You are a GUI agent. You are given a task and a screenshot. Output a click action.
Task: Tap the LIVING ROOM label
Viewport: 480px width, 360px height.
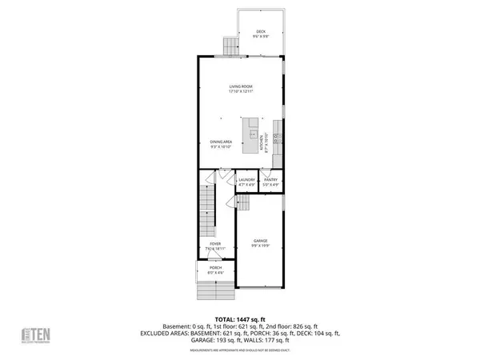click(x=240, y=87)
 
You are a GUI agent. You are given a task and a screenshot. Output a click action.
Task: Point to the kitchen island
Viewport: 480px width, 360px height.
click(x=254, y=133)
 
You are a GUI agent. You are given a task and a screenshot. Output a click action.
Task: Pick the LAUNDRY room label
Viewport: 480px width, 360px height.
click(x=246, y=180)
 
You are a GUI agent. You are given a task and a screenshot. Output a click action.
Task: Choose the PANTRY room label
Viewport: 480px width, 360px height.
click(x=271, y=180)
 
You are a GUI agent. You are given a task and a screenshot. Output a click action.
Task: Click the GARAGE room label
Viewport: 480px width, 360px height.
click(x=260, y=240)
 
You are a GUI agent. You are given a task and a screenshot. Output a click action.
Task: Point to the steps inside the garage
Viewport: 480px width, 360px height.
click(x=242, y=205)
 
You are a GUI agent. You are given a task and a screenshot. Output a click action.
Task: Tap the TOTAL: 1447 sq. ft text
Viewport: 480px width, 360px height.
click(x=240, y=318)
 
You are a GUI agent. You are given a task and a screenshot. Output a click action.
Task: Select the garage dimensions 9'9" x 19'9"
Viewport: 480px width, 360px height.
click(x=260, y=245)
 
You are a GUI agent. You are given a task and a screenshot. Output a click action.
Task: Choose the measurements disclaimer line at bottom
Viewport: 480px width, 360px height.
click(x=240, y=350)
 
